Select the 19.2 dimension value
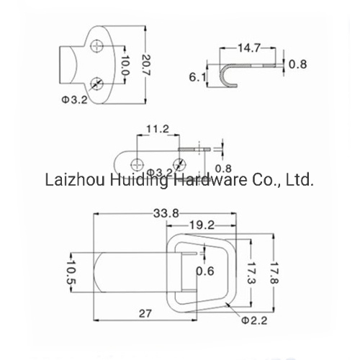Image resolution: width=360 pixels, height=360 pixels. [x=202, y=225]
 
